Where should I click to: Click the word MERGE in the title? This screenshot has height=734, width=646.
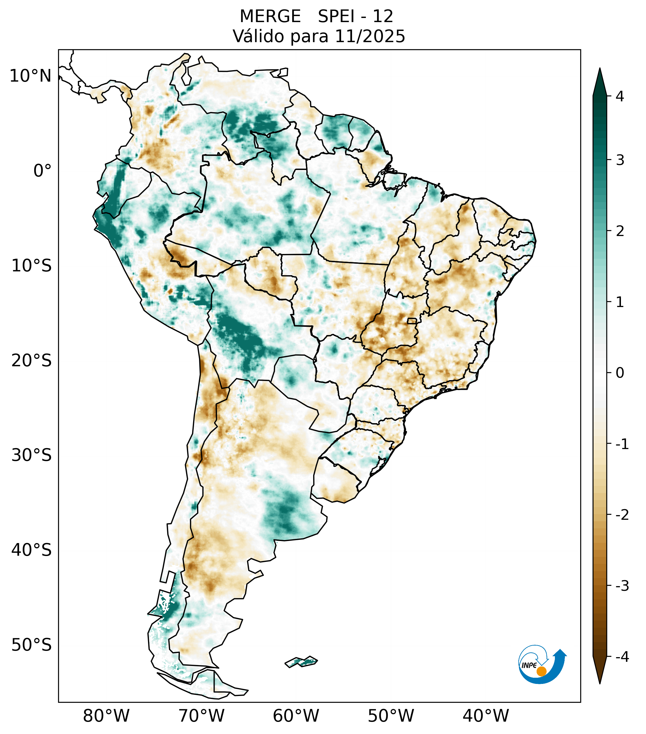(x=270, y=17)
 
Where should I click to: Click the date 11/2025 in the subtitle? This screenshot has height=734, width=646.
(x=370, y=37)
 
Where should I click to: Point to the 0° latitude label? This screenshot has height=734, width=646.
(x=42, y=171)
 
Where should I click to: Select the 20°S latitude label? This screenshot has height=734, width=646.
(x=32, y=361)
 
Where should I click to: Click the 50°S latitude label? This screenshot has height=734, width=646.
(x=32, y=645)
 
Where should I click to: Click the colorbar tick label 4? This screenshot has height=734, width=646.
(x=620, y=96)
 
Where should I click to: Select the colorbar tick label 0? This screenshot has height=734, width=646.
(x=620, y=373)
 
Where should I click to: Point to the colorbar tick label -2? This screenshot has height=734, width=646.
(x=622, y=515)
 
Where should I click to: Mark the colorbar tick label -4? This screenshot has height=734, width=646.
(x=622, y=657)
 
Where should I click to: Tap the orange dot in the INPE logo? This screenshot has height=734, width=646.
(x=541, y=671)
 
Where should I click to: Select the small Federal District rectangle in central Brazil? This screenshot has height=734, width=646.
(x=412, y=321)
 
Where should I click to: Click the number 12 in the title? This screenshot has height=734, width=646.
(x=383, y=17)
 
